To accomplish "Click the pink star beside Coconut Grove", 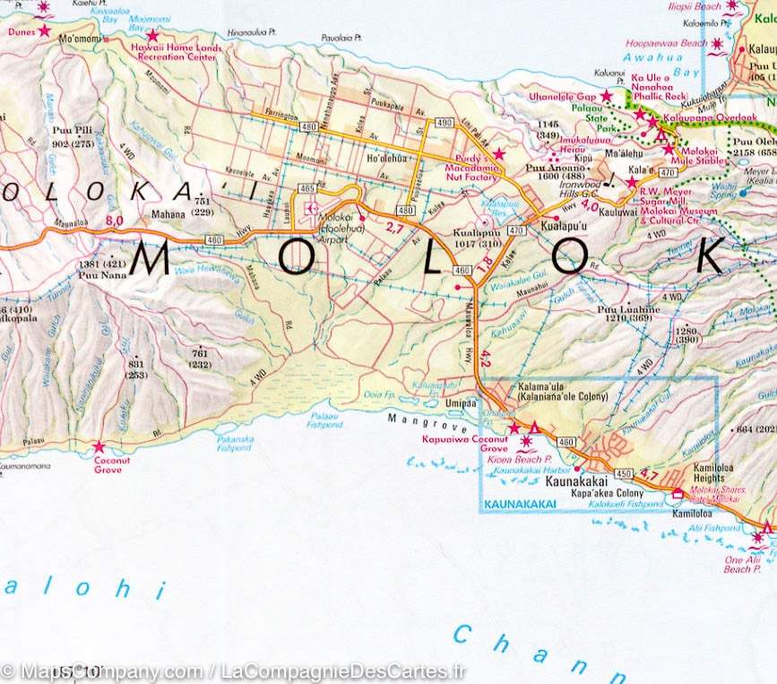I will click(99, 446).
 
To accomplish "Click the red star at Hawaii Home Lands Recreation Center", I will click(152, 37).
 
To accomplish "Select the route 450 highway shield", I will click(623, 472).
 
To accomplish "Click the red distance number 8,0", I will click(114, 221).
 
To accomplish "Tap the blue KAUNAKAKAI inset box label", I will click(519, 505).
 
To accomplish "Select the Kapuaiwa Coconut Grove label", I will click(464, 444).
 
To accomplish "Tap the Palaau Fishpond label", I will click(324, 420).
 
